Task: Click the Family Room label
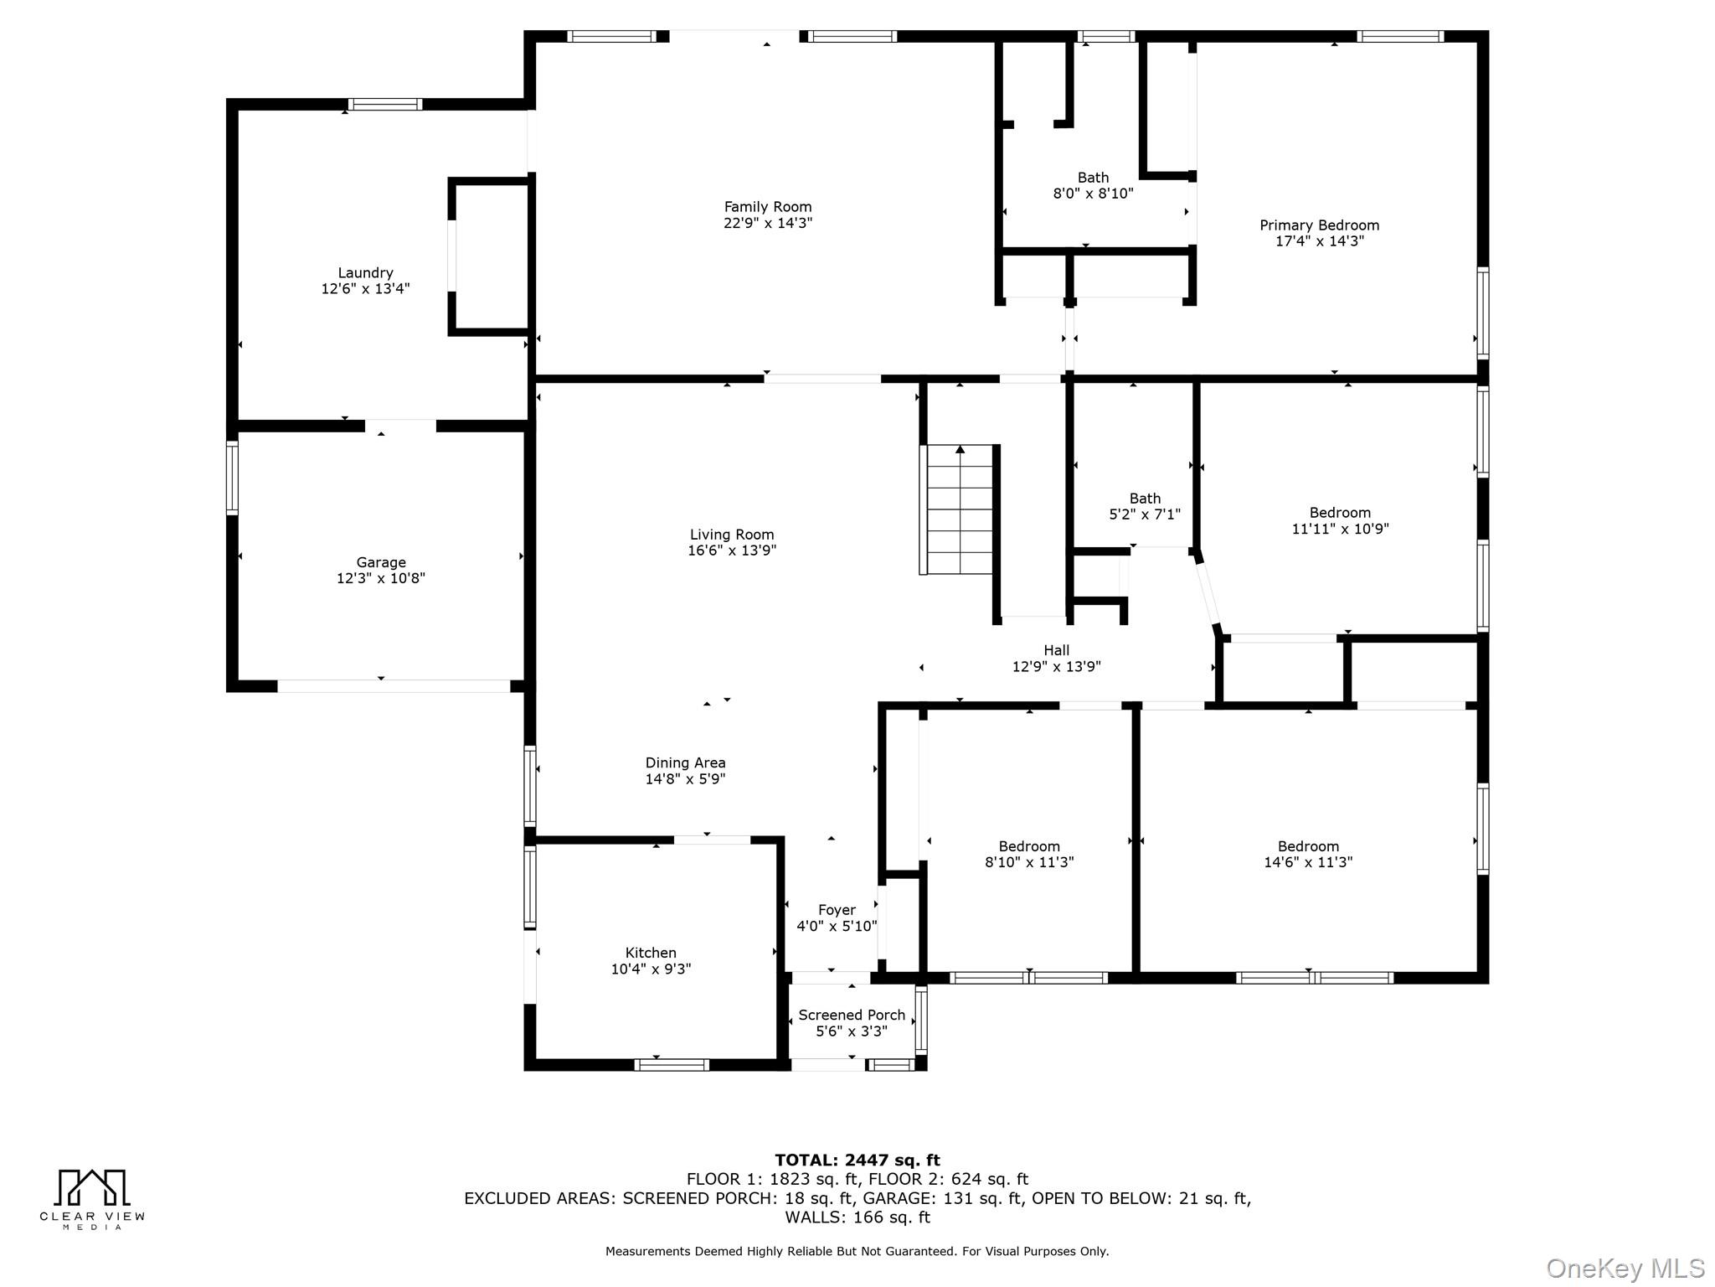tap(767, 207)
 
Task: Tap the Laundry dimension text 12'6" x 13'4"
tap(365, 289)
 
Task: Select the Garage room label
tap(380, 562)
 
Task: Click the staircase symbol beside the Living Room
tap(959, 511)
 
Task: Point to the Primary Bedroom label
tap(1319, 225)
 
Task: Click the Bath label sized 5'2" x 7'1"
tap(1145, 499)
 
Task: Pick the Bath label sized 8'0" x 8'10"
tap(1093, 178)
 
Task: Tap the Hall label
tap(1056, 650)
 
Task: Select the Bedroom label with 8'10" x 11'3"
tap(1028, 846)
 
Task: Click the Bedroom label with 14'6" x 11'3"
tap(1308, 846)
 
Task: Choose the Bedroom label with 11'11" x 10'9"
tap(1340, 513)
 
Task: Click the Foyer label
tap(837, 910)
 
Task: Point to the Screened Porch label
tap(852, 1015)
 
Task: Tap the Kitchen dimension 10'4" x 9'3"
tap(651, 969)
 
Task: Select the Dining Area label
tap(685, 762)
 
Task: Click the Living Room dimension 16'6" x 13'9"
tap(732, 550)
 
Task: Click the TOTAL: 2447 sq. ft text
tap(857, 1160)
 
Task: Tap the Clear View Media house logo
tap(92, 1188)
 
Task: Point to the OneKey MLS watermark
tap(1625, 1269)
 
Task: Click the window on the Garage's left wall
tap(233, 478)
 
